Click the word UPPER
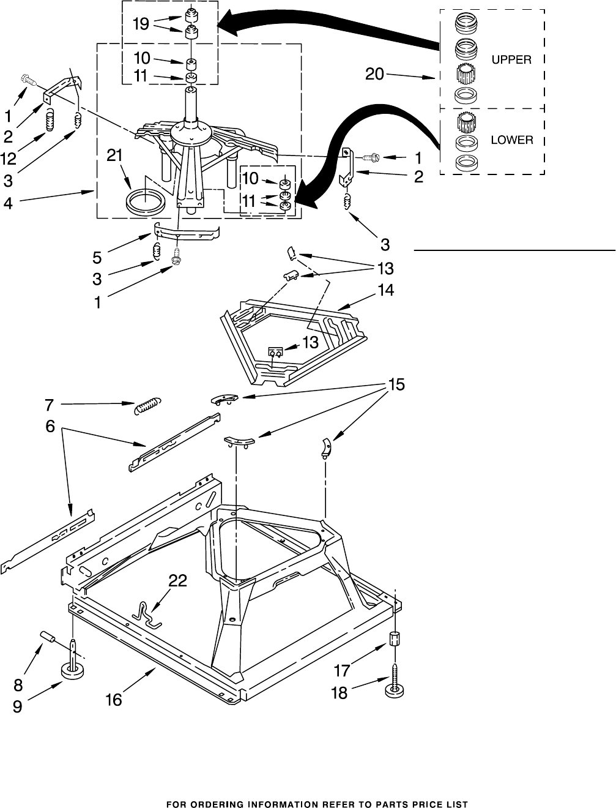(511, 60)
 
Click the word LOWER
(511, 140)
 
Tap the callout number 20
(375, 75)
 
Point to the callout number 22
(179, 581)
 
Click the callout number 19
(141, 24)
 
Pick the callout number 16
(114, 700)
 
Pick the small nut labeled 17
(395, 638)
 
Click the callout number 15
(396, 386)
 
